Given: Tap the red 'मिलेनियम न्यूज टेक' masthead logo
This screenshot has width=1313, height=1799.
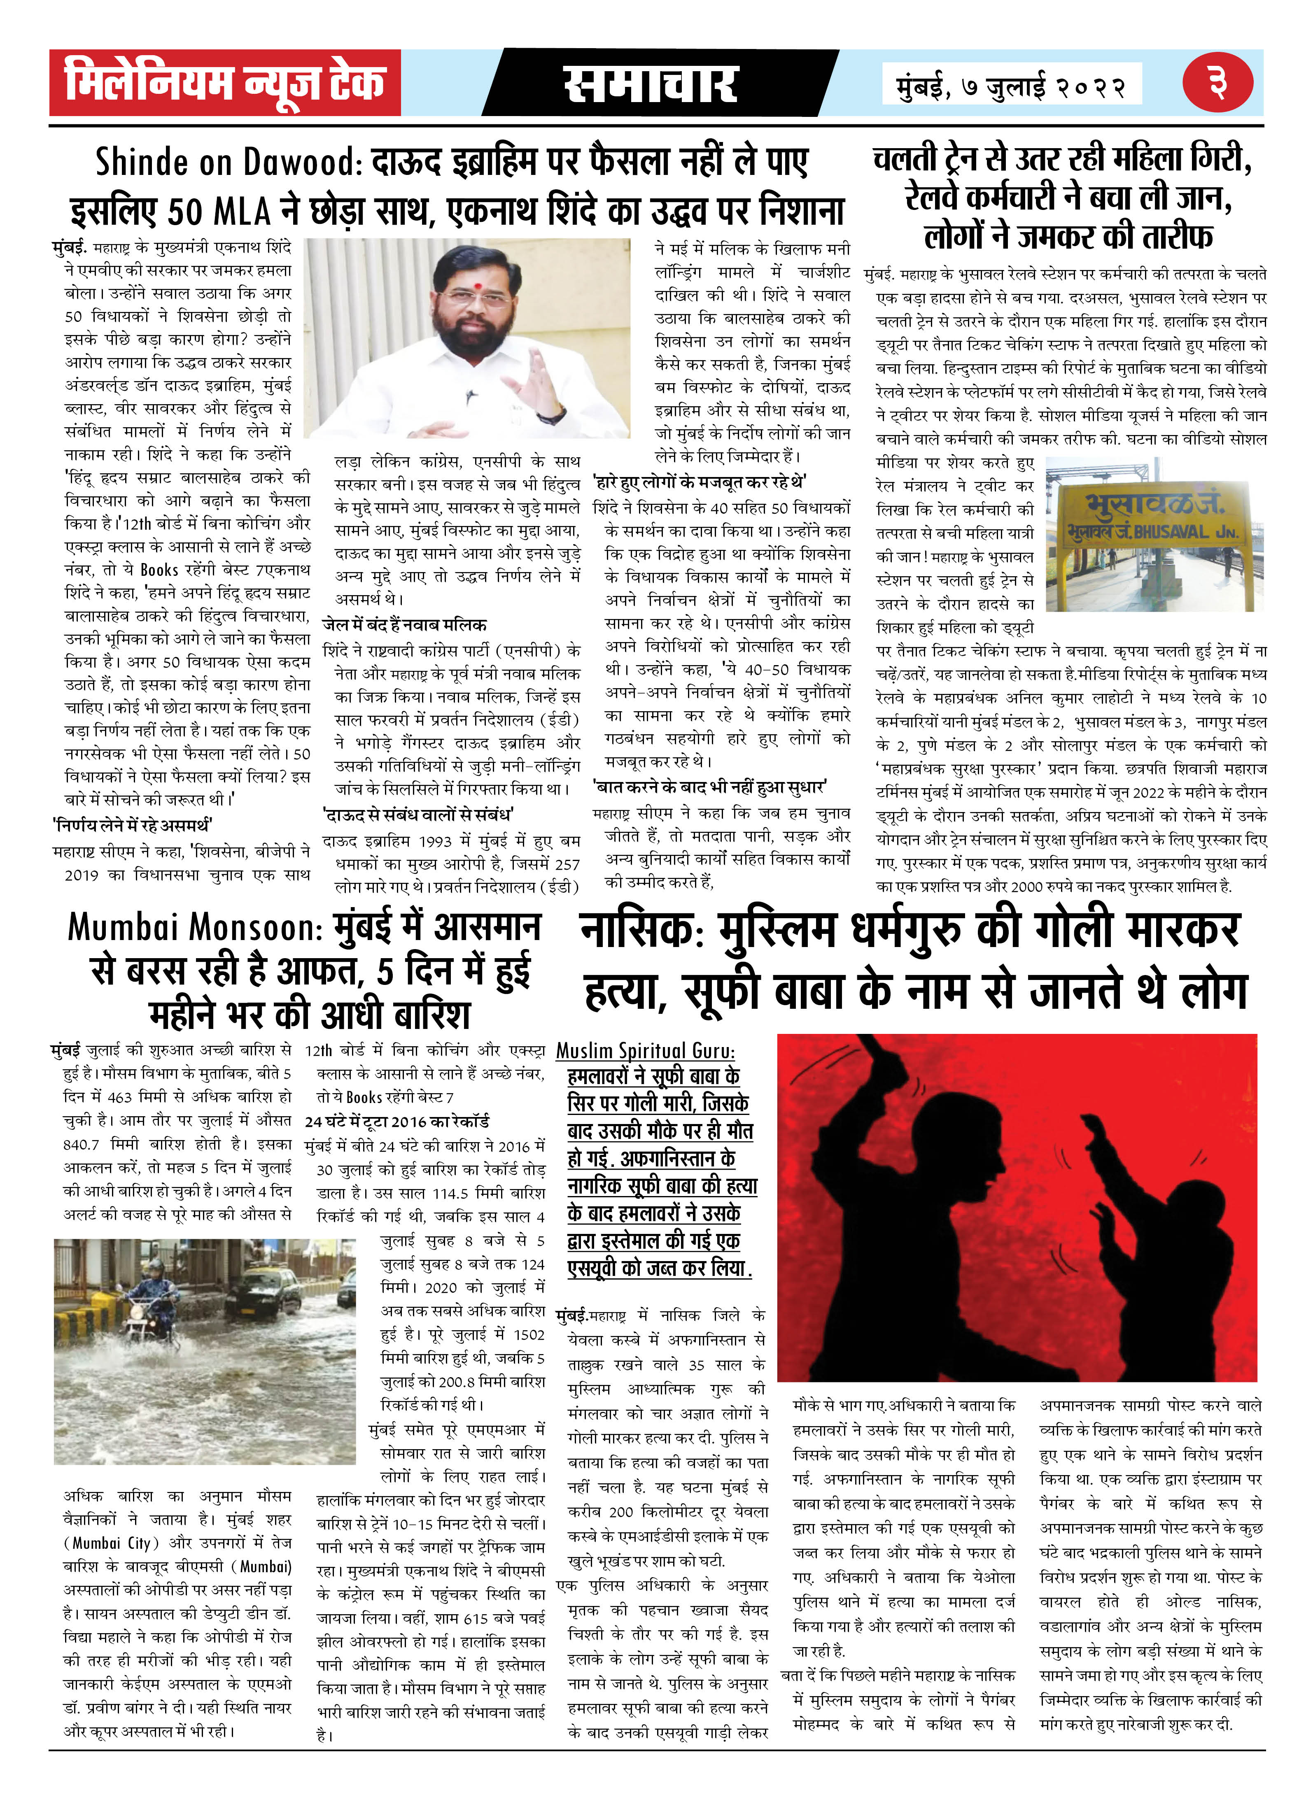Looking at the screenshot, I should click(x=225, y=83).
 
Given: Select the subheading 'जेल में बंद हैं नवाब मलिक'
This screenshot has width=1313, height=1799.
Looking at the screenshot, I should click(x=405, y=624).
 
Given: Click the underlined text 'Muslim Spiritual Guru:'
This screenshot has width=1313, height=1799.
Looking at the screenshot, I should click(x=645, y=1050).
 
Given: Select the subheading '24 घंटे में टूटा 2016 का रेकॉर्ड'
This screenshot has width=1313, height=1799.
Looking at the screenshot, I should click(x=396, y=1121).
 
